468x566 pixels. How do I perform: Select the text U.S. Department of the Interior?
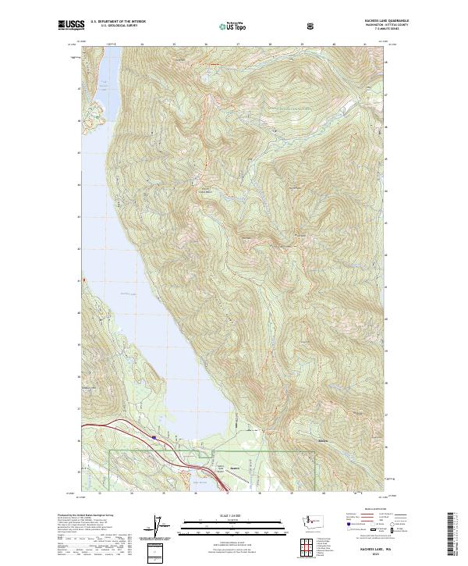118,21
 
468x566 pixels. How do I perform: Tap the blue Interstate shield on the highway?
154,437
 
